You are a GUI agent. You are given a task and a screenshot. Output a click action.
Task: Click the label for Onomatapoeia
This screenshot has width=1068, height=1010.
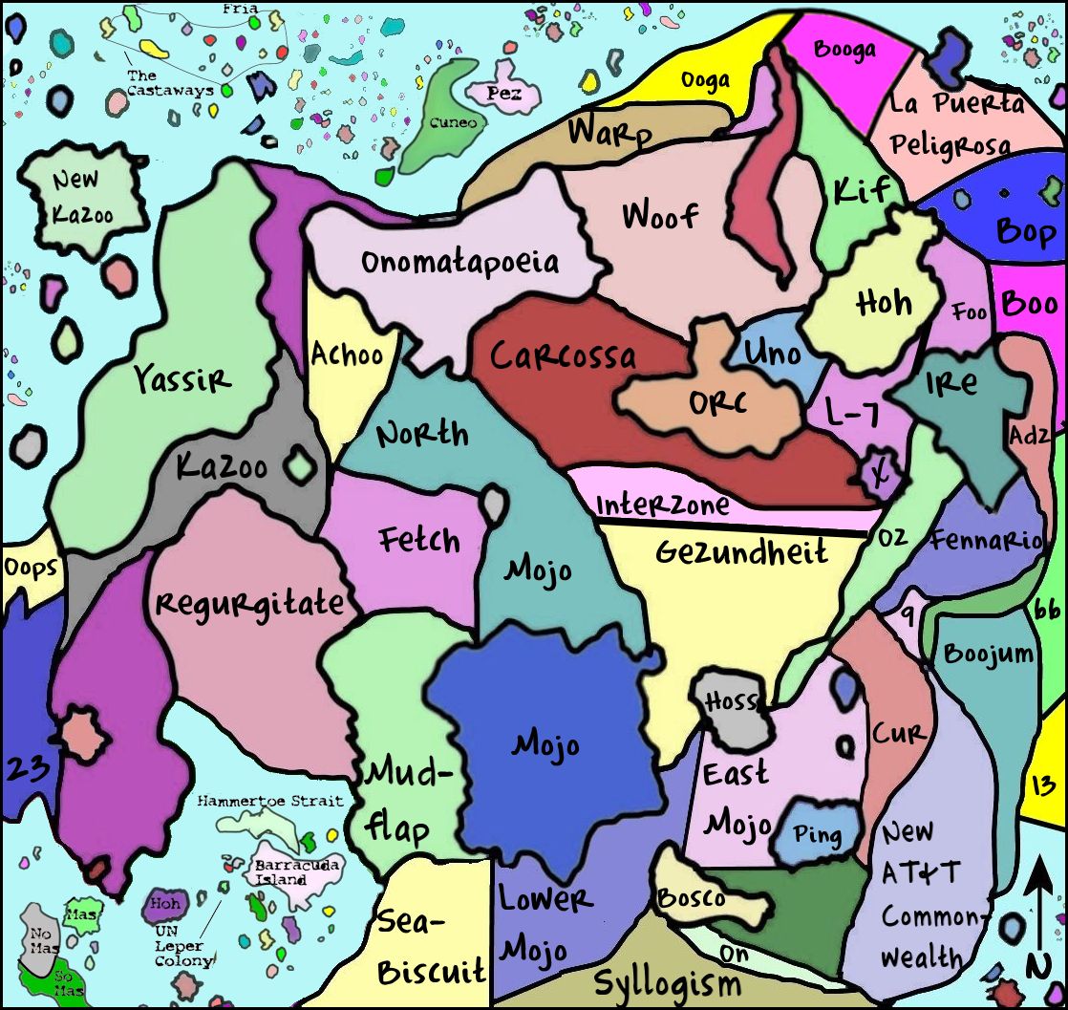459,262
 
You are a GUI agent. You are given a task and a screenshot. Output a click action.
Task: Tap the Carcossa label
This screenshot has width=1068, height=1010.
563,356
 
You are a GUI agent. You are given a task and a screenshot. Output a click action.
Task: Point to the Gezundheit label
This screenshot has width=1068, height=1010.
741,551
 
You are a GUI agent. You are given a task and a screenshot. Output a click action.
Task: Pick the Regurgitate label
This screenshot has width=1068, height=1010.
249,603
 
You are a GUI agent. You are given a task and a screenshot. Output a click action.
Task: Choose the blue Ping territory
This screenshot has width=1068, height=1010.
817,836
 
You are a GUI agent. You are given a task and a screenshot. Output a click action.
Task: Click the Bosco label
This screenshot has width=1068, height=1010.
691,898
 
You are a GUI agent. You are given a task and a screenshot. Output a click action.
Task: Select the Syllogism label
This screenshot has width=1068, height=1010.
667,982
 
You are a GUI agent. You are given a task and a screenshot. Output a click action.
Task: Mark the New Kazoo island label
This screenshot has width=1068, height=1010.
82,197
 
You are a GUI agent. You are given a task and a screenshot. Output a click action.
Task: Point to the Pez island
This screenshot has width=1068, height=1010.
503,94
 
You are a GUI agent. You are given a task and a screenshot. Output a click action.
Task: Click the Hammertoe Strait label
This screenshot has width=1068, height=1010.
270,801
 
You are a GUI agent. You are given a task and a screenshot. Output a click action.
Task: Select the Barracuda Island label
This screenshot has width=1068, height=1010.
281,872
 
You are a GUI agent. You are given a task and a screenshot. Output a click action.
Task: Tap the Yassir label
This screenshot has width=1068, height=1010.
182,379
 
